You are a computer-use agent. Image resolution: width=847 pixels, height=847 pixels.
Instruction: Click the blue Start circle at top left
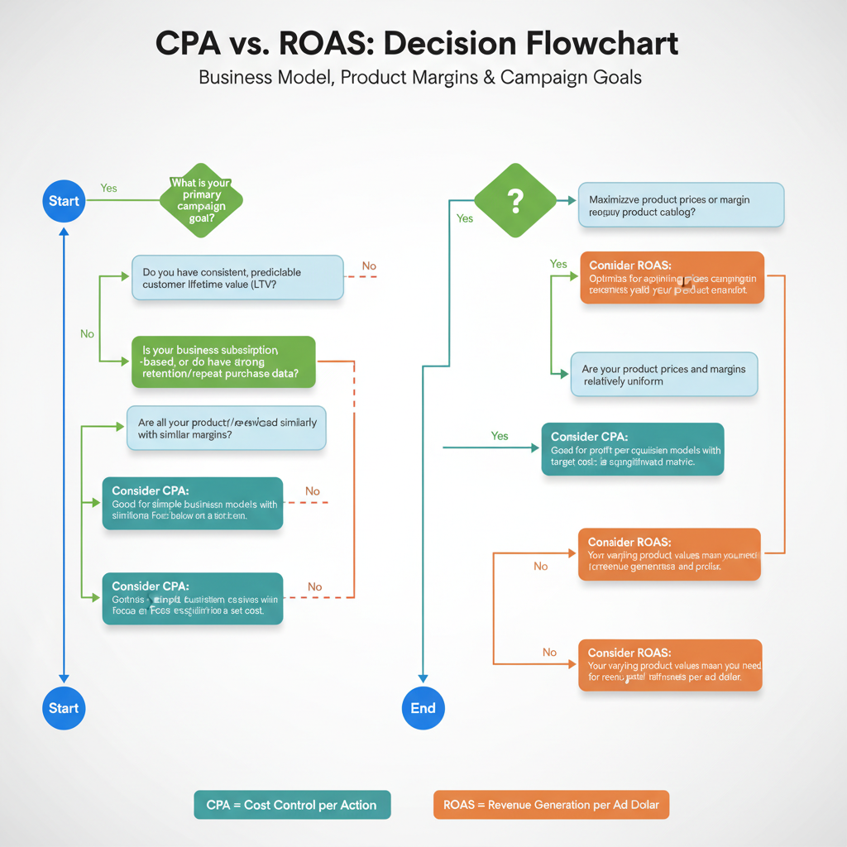pos(64,201)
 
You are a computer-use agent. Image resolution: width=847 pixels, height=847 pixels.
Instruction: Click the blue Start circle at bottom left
pos(64,708)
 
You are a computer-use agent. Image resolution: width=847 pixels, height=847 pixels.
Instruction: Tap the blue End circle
pos(423,708)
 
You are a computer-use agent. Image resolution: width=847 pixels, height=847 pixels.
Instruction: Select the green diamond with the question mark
pos(514,199)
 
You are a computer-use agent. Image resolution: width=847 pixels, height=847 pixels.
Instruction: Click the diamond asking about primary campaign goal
pos(200,199)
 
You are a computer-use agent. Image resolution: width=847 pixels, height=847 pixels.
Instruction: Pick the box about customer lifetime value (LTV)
pos(237,278)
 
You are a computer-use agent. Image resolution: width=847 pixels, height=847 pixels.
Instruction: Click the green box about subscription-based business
pos(223,361)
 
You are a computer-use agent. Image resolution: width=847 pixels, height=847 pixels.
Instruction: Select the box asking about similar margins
pos(227,428)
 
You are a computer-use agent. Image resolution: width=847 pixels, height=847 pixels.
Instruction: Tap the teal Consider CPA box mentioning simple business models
pos(192,503)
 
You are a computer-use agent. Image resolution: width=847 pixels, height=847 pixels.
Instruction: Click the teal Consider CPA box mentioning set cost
pos(192,599)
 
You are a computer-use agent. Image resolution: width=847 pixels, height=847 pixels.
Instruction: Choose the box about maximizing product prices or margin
pos(680,205)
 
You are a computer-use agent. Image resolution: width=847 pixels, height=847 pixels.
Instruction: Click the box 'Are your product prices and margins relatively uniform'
pos(664,375)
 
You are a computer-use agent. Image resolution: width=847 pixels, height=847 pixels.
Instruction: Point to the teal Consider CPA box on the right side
pos(633,449)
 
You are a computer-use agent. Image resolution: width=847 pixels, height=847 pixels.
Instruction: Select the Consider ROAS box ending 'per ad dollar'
pos(669,665)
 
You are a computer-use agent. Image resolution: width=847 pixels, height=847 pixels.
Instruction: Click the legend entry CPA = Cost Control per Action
pos(292,805)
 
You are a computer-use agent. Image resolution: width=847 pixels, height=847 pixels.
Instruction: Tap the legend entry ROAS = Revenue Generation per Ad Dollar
pos(551,805)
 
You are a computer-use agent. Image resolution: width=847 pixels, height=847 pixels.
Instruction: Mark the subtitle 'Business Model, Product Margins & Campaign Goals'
pos(420,78)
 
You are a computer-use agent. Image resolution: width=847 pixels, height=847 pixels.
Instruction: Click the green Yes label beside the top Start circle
pos(108,189)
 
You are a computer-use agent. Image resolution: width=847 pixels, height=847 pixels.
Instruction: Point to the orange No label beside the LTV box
pos(369,266)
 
